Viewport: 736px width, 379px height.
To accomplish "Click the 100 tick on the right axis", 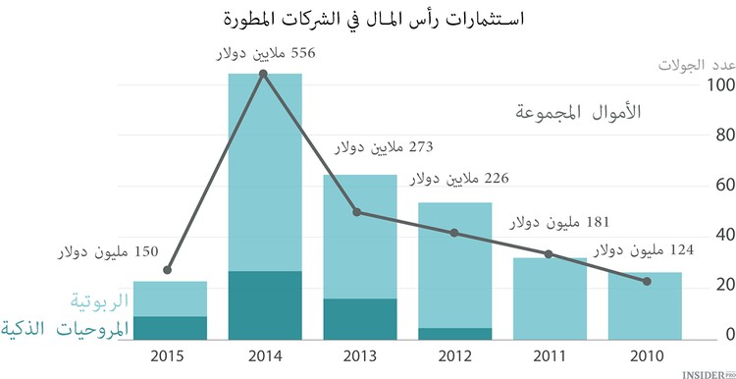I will [x=720, y=86].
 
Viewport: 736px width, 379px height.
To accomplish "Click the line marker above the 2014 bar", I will [x=264, y=74].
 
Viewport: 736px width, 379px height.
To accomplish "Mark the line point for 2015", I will [x=169, y=270].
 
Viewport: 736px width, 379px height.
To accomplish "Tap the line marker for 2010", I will [x=645, y=282].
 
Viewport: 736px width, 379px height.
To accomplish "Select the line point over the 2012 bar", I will [x=454, y=233].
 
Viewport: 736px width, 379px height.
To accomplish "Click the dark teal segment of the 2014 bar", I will [x=264, y=305].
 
